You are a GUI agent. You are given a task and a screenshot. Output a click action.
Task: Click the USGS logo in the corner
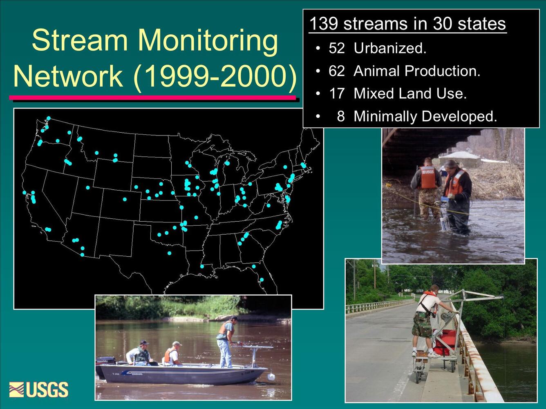39,389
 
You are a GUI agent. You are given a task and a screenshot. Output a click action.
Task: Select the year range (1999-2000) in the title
215,76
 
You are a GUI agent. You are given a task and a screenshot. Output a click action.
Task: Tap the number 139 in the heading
323,24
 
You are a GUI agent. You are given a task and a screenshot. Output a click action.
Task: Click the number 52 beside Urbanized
337,49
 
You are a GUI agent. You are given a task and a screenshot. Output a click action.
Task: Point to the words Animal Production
416,71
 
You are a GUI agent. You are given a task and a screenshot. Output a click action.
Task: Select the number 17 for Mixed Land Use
337,93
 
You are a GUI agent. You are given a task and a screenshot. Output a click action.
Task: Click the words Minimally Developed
425,116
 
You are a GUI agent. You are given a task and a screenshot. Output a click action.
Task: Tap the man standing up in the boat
225,341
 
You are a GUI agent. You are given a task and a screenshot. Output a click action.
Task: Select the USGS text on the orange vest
428,172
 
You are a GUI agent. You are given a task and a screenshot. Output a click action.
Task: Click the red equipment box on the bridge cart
445,342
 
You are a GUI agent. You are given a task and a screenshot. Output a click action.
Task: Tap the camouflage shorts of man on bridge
422,325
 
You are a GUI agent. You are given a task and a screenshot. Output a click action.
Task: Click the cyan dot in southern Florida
262,280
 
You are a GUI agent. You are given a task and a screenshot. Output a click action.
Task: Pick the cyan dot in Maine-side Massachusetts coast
303,165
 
